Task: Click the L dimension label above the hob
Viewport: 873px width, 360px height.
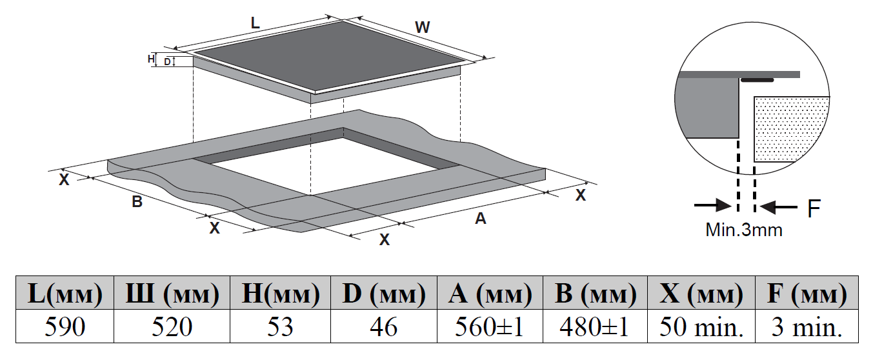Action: pyautogui.click(x=255, y=23)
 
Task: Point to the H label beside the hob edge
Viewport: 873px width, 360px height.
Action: pyautogui.click(x=152, y=59)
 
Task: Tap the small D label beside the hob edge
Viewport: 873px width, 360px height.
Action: pyautogui.click(x=167, y=62)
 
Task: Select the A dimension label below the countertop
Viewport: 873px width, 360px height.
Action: pyautogui.click(x=480, y=219)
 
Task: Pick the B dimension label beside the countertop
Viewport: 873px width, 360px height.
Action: pyautogui.click(x=137, y=202)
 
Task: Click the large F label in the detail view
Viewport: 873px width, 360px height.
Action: pyautogui.click(x=814, y=208)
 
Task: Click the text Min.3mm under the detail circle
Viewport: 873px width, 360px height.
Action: pyautogui.click(x=743, y=230)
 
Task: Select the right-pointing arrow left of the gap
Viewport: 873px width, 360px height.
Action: pyautogui.click(x=712, y=206)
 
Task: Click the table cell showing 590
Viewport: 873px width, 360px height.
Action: pyautogui.click(x=65, y=327)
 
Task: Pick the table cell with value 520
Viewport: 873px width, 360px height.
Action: pyautogui.click(x=172, y=327)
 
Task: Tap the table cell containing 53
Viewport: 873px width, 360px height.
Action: pyautogui.click(x=280, y=327)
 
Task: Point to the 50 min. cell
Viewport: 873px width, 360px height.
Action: pyautogui.click(x=701, y=327)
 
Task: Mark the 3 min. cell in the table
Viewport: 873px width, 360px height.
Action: pyautogui.click(x=807, y=327)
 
